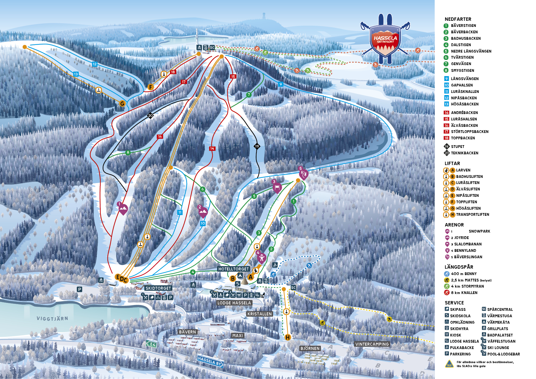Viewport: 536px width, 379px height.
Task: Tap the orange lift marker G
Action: point(122,104)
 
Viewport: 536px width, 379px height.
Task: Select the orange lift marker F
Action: point(150,87)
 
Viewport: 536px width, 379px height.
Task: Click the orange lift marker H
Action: point(288,337)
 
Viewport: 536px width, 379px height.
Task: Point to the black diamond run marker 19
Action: point(257,146)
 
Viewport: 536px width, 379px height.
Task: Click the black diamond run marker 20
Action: point(150,116)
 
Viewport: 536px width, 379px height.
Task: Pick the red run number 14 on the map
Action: point(212,149)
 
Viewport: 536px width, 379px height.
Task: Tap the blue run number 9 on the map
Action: point(281,84)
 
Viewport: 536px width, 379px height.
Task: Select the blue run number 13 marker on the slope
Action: point(76,74)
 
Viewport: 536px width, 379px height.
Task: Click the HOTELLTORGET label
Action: point(233,269)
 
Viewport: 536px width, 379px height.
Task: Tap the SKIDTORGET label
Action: point(158,288)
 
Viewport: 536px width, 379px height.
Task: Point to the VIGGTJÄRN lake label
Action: point(52,318)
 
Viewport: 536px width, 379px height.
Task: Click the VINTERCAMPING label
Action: point(372,344)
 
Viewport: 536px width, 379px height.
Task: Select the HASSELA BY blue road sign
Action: point(210,361)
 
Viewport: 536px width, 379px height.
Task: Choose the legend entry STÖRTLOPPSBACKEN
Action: point(469,132)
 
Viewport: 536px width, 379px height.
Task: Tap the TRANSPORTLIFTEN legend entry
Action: point(472,215)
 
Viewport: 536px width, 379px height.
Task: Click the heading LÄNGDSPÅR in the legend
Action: point(459,267)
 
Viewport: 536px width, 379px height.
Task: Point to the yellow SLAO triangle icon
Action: point(449,364)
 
